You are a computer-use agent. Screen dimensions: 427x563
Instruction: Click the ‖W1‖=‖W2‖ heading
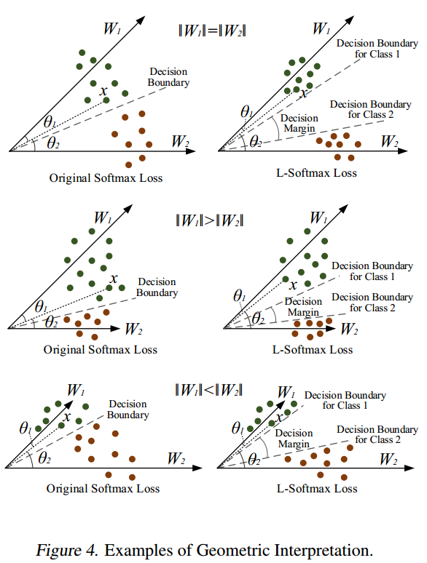click(212, 31)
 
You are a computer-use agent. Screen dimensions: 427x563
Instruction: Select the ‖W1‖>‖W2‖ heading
click(210, 220)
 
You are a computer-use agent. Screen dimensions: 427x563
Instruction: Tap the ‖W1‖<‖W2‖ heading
click(208, 390)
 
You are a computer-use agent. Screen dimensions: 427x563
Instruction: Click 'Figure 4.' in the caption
click(66, 550)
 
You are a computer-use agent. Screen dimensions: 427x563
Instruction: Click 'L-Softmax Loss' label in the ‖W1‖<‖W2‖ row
click(317, 489)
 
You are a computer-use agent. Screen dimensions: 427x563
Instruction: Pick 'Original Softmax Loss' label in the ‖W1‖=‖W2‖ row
click(106, 178)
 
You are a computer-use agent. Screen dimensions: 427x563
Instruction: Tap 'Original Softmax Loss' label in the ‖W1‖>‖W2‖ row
click(101, 350)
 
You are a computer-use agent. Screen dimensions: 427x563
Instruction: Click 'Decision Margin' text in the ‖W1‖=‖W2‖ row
click(299, 123)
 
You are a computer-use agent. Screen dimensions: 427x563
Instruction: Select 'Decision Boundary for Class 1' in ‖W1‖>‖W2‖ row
click(372, 271)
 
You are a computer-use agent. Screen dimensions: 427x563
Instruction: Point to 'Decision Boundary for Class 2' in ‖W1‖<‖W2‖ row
click(377, 434)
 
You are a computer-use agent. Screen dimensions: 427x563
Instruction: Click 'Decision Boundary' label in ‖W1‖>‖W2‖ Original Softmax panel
click(157, 287)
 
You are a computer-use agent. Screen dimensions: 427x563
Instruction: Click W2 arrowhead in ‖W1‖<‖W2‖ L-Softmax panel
click(410, 468)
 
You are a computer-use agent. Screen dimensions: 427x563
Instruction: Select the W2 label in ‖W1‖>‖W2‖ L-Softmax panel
click(349, 329)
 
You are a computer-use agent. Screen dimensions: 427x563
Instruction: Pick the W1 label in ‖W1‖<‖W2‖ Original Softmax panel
click(76, 390)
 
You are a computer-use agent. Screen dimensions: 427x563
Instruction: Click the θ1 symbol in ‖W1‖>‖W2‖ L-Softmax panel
click(239, 296)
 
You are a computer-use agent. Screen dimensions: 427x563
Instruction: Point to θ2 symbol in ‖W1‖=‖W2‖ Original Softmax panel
click(53, 143)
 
